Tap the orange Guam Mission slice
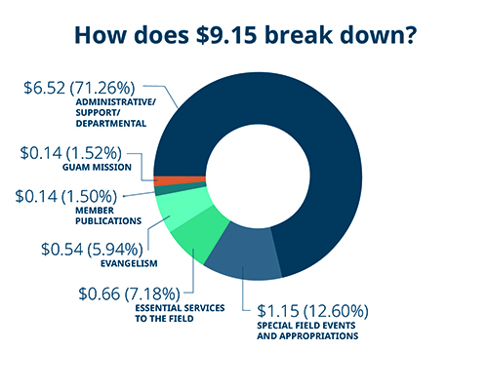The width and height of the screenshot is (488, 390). coord(166,179)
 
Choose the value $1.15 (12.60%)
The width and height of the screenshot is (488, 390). coord(311,311)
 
